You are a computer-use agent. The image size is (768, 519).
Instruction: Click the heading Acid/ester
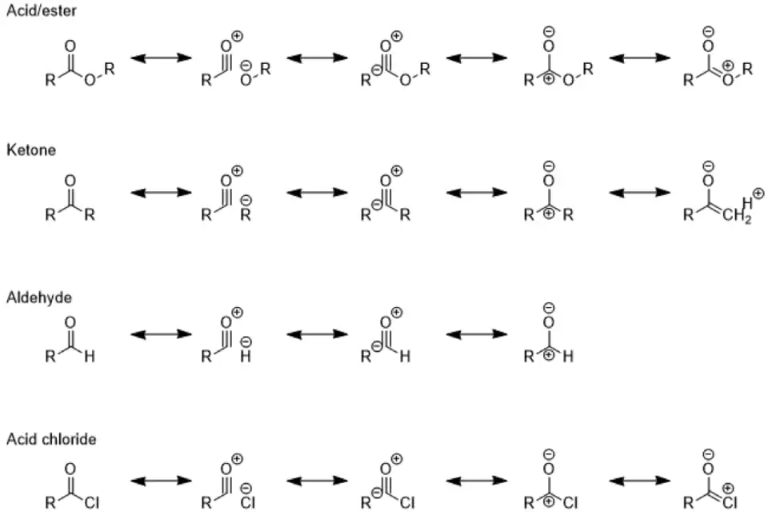41,10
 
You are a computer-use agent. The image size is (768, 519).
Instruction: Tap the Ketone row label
31,150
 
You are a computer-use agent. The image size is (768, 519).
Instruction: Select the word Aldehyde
38,297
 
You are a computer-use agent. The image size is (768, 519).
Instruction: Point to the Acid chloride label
51,439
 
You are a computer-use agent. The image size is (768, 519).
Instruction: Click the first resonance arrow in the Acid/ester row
161,58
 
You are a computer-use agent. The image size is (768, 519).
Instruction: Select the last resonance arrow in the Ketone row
640,193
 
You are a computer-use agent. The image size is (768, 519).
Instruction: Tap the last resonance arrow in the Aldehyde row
477,334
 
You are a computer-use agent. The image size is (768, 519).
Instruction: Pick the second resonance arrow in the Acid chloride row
317,481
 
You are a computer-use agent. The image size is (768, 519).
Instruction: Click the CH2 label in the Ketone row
737,216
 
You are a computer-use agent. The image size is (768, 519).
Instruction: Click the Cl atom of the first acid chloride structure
91,503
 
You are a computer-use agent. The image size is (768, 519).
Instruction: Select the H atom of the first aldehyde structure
89,357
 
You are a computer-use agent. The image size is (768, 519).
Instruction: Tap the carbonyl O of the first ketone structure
70,181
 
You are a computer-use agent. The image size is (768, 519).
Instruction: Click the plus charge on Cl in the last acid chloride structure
728,488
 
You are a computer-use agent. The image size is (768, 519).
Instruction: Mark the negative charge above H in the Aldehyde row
246,341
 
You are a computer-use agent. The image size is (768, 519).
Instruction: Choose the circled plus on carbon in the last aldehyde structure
549,354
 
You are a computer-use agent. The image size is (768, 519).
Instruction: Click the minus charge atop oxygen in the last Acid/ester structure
708,32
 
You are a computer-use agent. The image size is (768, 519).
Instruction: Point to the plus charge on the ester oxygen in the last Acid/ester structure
728,66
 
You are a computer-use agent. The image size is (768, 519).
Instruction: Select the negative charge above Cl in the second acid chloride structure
246,488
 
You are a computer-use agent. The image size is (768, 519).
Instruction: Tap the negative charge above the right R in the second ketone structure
246,200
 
